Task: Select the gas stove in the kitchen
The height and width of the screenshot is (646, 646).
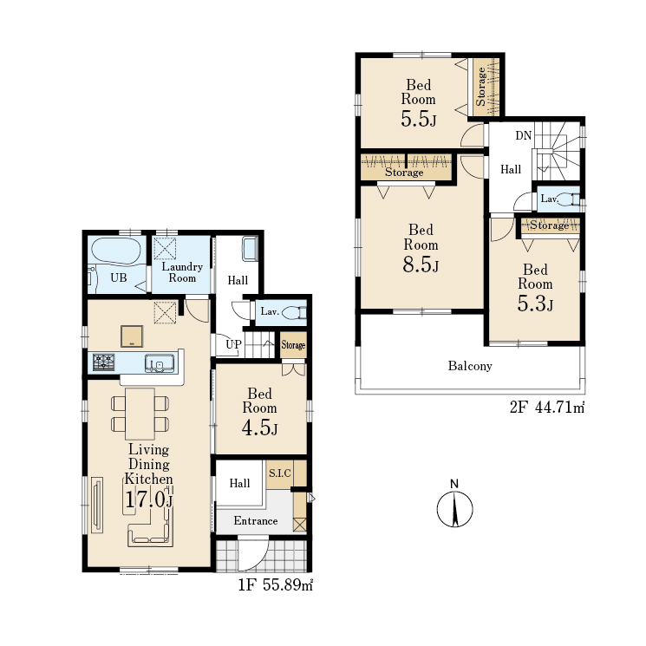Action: coord(103,362)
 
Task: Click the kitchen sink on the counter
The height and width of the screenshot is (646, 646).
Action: coord(160,363)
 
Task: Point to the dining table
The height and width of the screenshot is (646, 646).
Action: coord(140,414)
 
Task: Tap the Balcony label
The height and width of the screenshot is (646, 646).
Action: coord(470,366)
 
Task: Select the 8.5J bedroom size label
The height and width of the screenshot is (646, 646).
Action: coord(421,264)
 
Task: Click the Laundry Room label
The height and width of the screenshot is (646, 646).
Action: coord(182,272)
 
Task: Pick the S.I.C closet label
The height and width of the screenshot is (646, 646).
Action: coord(280,473)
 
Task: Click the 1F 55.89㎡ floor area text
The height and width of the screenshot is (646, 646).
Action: coord(276,585)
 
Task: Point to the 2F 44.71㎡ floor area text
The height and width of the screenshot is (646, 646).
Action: coord(547,407)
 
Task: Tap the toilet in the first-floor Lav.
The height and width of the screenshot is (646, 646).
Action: coord(294,312)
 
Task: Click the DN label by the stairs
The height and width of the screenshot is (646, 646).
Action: coord(524,135)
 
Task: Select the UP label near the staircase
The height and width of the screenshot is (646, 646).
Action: coord(233,344)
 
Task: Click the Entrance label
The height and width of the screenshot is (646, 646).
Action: coord(256,521)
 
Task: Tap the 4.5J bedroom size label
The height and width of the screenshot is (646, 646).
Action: coord(259,427)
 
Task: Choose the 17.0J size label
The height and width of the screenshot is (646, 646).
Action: coord(149,499)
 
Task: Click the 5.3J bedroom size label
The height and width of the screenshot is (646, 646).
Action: coord(535,303)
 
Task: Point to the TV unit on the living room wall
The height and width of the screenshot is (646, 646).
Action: coord(97,506)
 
